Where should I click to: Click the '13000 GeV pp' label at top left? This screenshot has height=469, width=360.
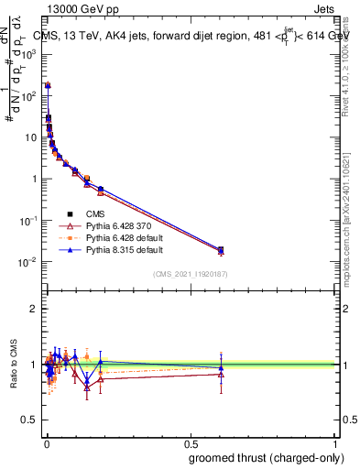click(80, 9)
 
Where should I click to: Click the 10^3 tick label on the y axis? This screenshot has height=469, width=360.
click(30, 54)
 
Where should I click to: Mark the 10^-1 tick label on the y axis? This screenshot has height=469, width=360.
click(30, 221)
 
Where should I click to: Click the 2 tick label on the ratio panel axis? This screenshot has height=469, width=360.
click(34, 309)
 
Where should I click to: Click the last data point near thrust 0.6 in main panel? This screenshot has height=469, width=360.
click(220, 250)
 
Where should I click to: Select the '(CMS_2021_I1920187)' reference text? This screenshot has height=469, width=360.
click(190, 274)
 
